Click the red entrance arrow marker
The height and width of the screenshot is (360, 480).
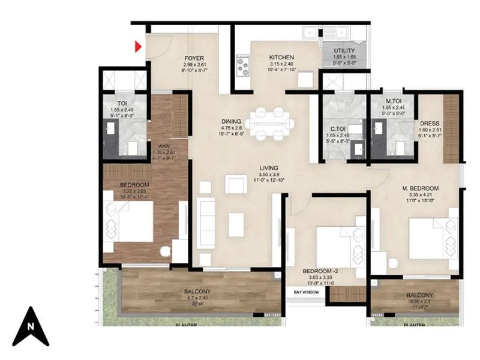138,46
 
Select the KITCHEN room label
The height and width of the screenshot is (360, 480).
280,57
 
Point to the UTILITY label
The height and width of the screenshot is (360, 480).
344,51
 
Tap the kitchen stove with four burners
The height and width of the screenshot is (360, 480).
243,65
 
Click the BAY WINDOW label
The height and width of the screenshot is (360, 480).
306,292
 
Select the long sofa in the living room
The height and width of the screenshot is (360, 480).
206,224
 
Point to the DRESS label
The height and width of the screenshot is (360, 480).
430,124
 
